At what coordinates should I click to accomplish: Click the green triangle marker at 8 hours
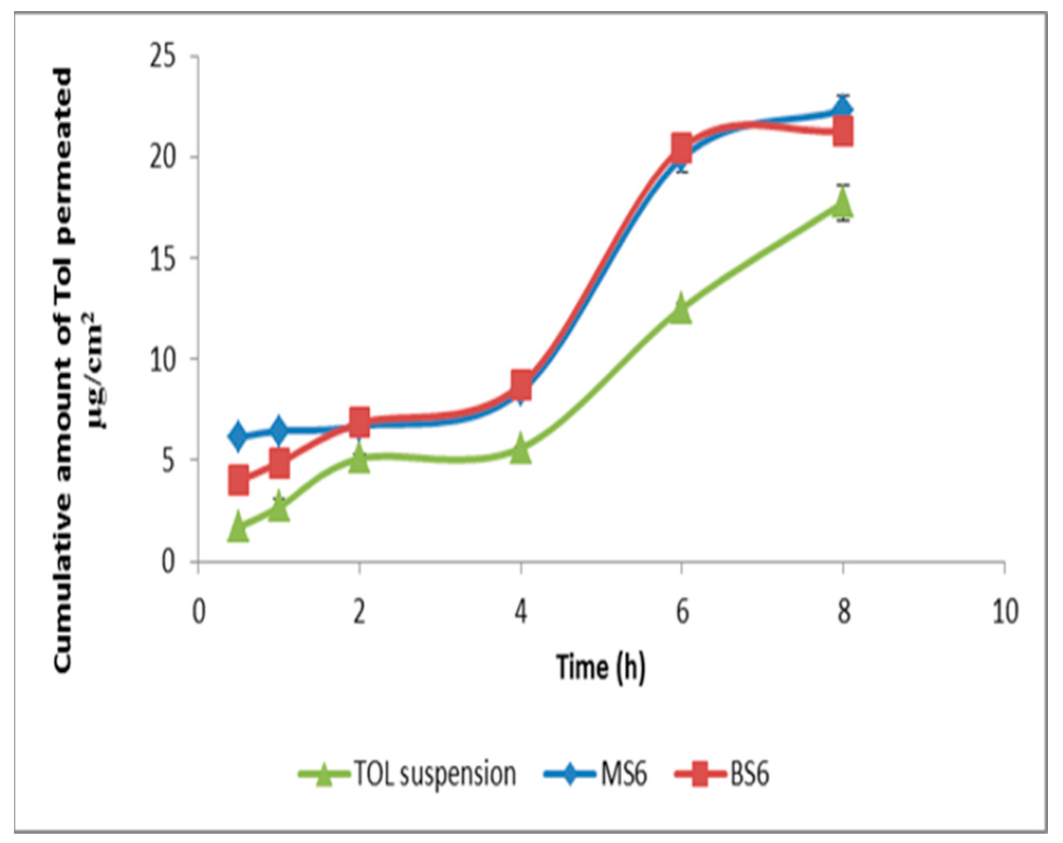843,203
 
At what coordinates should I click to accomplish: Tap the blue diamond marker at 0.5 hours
238,436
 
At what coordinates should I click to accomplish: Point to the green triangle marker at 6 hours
681,309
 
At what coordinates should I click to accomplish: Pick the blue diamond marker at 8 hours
843,109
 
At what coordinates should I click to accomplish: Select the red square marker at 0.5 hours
239,480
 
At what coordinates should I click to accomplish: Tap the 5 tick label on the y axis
168,460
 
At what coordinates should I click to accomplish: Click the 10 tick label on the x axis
1005,612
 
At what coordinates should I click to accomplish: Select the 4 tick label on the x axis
521,612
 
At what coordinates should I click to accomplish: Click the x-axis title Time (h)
601,667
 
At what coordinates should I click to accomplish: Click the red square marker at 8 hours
843,131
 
